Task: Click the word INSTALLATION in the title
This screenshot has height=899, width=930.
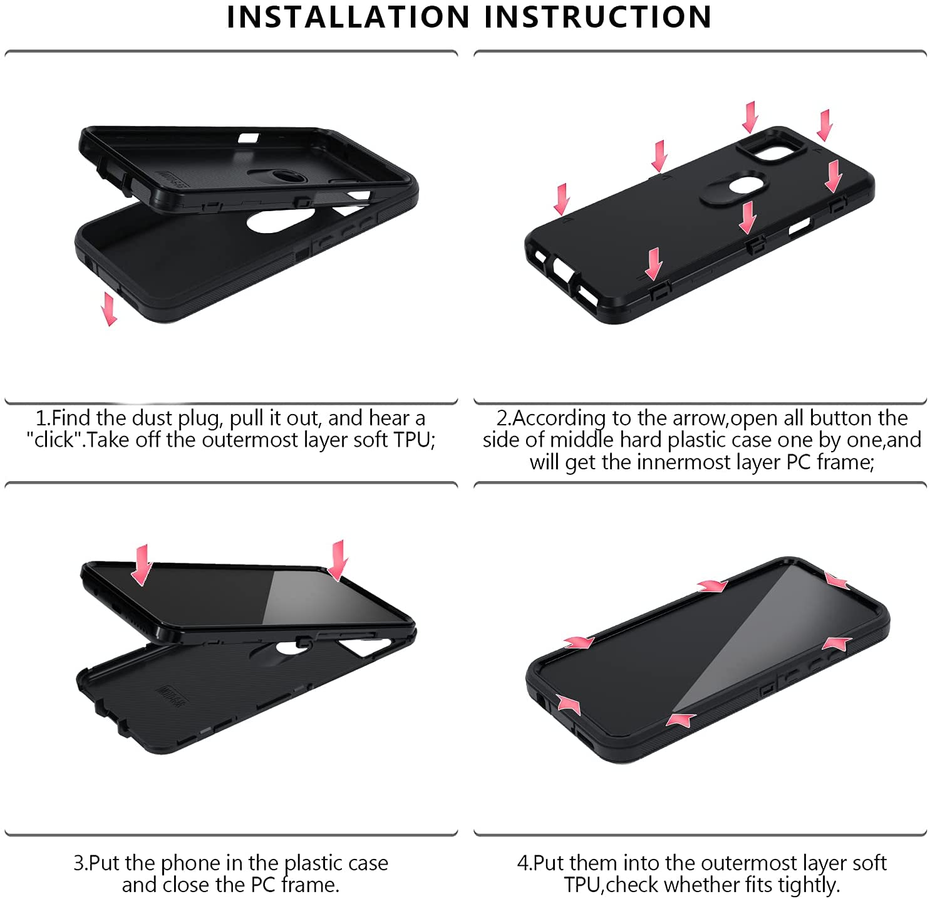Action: pyautogui.click(x=348, y=17)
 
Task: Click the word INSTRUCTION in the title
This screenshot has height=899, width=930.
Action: pyautogui.click(x=598, y=17)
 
